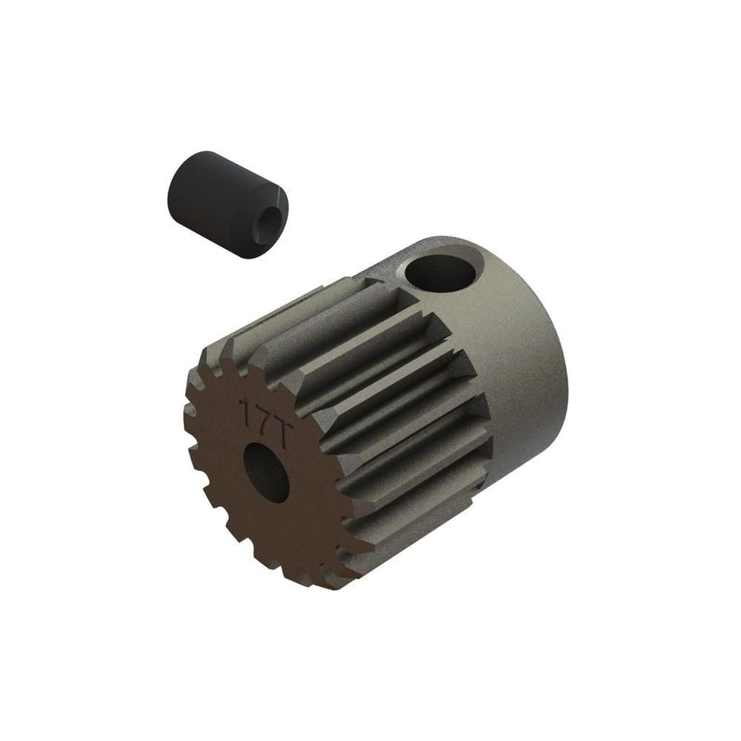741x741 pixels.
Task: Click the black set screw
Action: [x=227, y=205]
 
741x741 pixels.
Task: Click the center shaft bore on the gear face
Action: [x=266, y=471]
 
